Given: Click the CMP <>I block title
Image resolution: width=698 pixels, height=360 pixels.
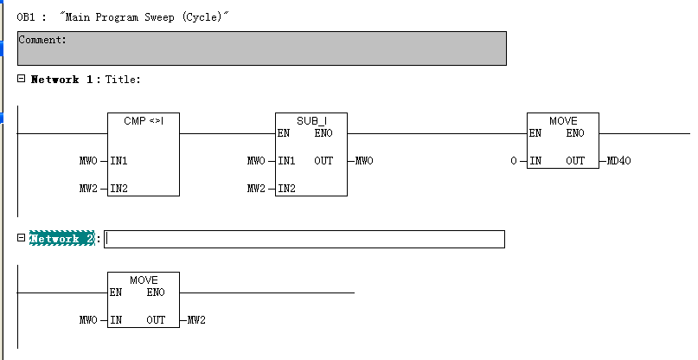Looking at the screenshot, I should coord(144,120).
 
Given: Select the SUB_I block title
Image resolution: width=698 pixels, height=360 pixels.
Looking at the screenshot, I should coord(311,120).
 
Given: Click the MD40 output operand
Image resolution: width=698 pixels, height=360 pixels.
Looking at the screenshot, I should coord(619,161).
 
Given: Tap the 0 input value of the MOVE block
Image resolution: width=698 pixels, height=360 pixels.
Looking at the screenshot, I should coord(513,161).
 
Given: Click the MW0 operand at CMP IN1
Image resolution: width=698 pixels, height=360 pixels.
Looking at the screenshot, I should coord(86,161).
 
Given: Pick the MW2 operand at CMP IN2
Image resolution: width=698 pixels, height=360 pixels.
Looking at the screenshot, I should coord(86,188).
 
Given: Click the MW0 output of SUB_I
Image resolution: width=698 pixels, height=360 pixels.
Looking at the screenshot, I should coord(364,161).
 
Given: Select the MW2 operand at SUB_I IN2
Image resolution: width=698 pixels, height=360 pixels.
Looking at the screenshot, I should coord(255,188).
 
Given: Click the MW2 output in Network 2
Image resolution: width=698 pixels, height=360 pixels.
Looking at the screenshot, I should coord(196,320).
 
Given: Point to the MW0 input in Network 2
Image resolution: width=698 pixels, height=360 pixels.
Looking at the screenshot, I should coord(86,320).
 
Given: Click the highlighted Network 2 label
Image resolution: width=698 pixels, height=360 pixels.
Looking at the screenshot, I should coord(61,239).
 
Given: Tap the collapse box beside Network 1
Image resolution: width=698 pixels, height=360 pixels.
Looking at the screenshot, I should coord(21,79).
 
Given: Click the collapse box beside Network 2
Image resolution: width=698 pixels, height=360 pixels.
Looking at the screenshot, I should coord(21,238).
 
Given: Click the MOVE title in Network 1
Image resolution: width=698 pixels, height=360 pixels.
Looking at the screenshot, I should coord(562,120).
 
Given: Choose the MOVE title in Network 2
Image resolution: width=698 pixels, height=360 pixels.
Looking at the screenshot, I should coord(144,280).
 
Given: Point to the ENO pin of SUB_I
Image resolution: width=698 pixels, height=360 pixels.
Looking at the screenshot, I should coord(323,133).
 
